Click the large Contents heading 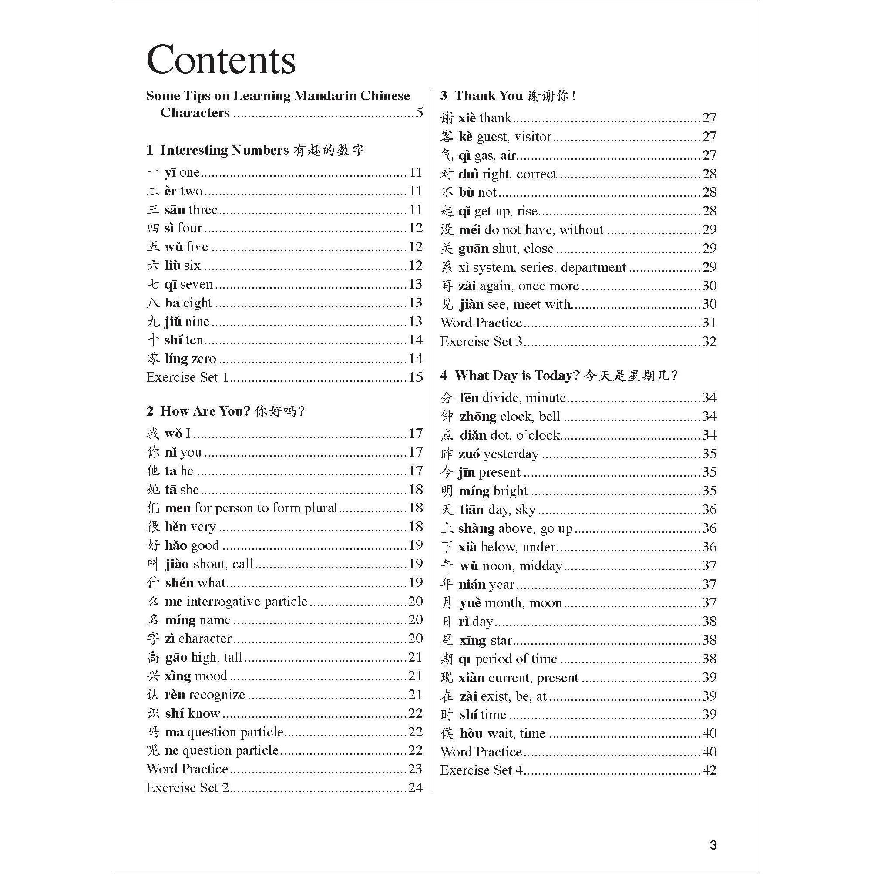point(221,60)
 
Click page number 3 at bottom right point(713,844)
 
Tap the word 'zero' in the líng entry point(204,359)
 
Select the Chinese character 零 point(153,359)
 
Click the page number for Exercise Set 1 point(415,377)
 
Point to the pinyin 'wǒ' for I point(173,434)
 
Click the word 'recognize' point(217,695)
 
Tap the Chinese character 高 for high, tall point(153,657)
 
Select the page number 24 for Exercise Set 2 point(415,787)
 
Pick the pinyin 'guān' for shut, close point(473,249)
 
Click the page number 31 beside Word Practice point(709,323)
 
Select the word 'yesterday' point(511,454)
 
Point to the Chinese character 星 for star point(447,640)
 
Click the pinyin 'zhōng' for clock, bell point(478,416)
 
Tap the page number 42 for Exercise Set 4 point(709,770)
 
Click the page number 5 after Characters point(419,113)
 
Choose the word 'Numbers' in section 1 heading point(260,150)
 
